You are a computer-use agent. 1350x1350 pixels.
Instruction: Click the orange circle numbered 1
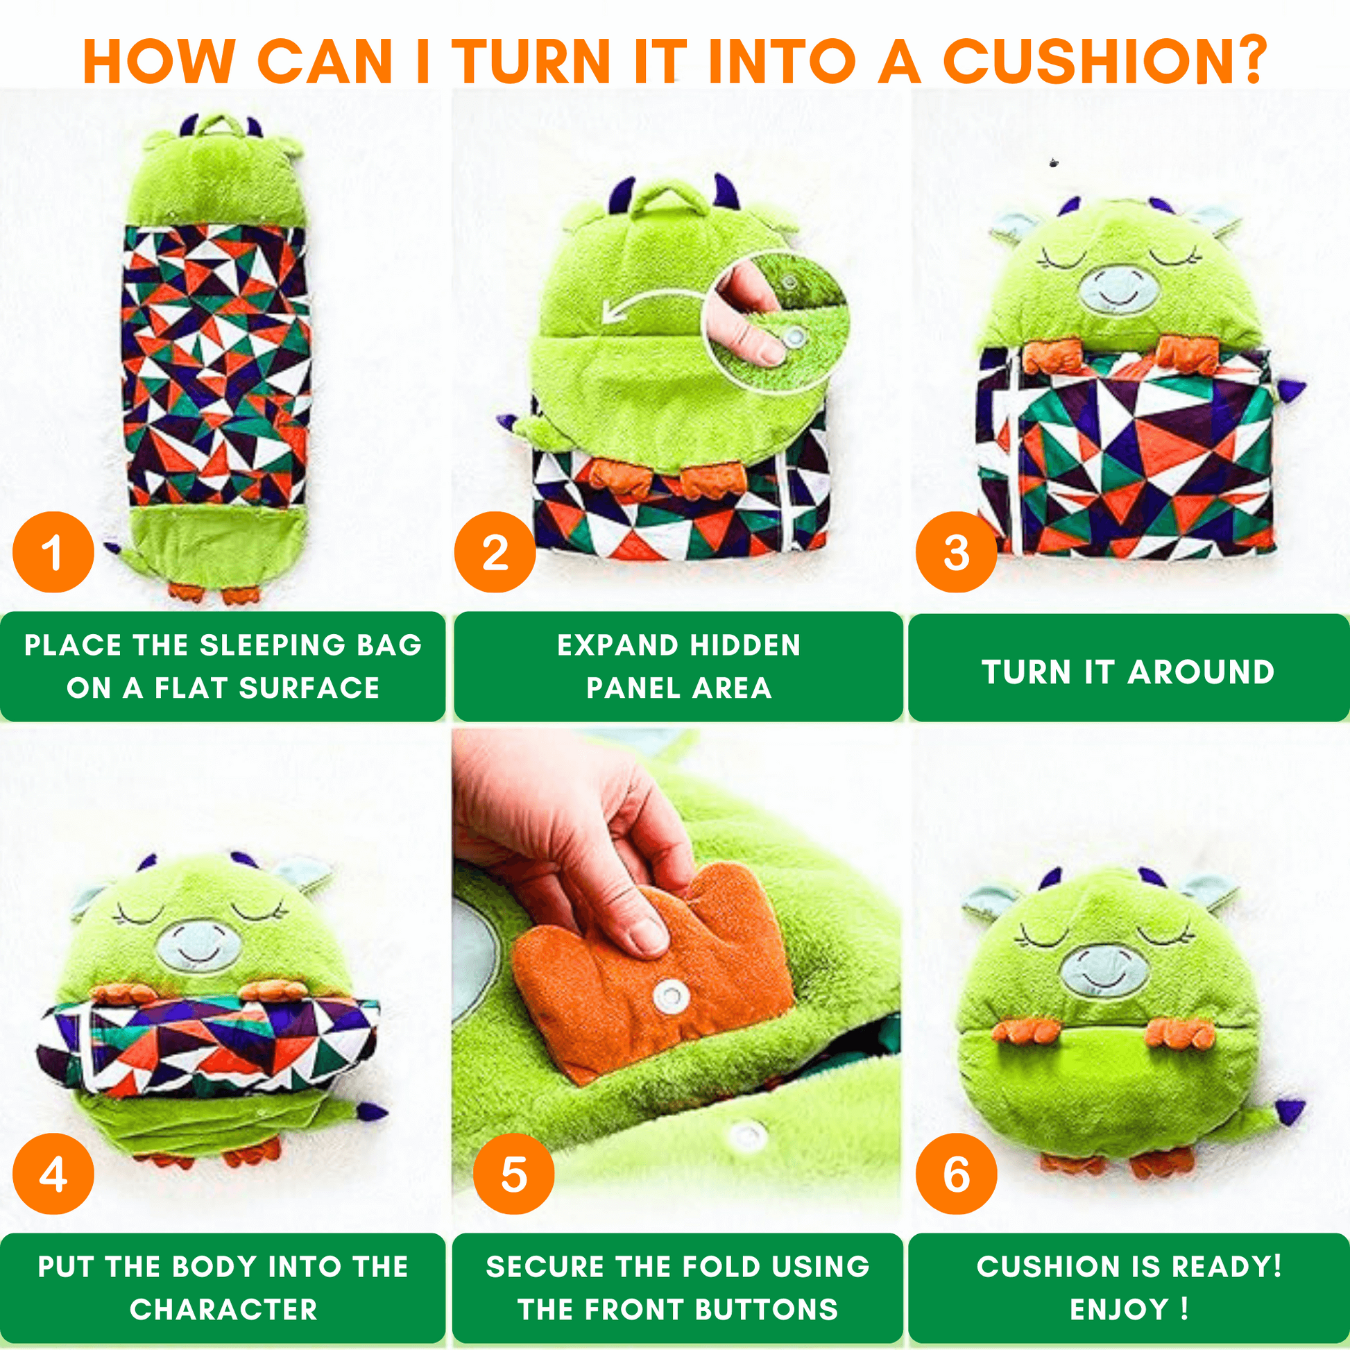click(x=53, y=553)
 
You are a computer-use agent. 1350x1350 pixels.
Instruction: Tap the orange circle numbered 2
click(x=495, y=553)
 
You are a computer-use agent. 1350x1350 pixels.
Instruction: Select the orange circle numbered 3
click(x=957, y=553)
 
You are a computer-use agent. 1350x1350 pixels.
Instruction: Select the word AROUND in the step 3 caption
click(x=1201, y=672)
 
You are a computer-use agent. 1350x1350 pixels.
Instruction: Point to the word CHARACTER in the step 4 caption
click(x=223, y=1310)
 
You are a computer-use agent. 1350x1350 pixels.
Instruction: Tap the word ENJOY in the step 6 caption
click(x=1119, y=1310)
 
